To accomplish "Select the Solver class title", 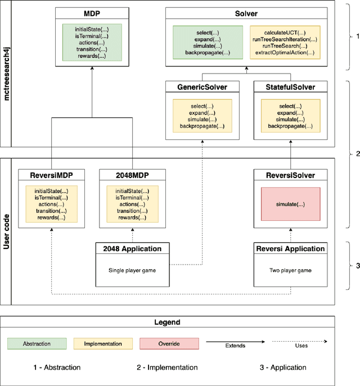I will pyautogui.click(x=246, y=12).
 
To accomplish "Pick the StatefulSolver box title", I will pyautogui.click(x=291, y=87).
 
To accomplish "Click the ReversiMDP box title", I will pyautogui.click(x=51, y=175).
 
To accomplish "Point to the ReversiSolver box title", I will pyautogui.click(x=291, y=175).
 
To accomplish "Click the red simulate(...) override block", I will pyautogui.click(x=291, y=204).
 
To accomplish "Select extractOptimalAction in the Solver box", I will pyautogui.click(x=285, y=53).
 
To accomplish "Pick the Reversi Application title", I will pyautogui.click(x=291, y=248).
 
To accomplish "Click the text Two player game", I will pyautogui.click(x=291, y=270).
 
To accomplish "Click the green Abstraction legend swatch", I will pyautogui.click(x=37, y=343).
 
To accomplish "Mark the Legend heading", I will pyautogui.click(x=167, y=322).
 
